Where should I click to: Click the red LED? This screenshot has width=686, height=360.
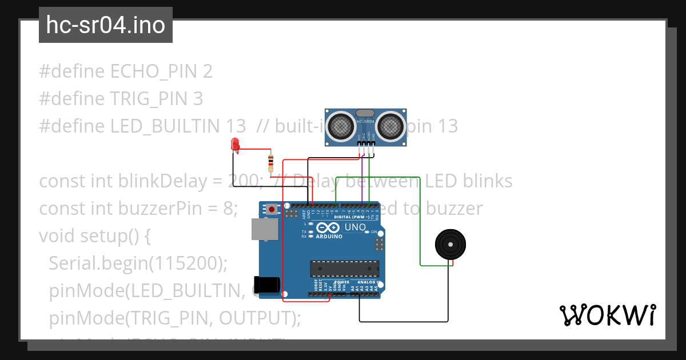pyautogui.click(x=235, y=145)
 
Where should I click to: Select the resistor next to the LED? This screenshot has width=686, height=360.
pyautogui.click(x=270, y=163)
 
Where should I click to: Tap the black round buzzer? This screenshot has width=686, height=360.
pyautogui.click(x=450, y=245)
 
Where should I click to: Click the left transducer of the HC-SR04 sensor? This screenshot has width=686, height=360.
pyautogui.click(x=342, y=125)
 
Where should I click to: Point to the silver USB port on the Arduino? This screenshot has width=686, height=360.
pyautogui.click(x=265, y=228)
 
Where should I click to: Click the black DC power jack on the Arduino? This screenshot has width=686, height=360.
pyautogui.click(x=266, y=284)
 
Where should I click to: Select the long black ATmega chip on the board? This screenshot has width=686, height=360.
pyautogui.click(x=344, y=268)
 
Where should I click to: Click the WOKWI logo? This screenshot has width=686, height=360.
pyautogui.click(x=607, y=315)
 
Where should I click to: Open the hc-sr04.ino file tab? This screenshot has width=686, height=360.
pyautogui.click(x=106, y=25)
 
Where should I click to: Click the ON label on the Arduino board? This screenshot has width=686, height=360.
pyautogui.click(x=374, y=232)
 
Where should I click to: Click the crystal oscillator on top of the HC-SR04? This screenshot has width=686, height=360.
pyautogui.click(x=365, y=113)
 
